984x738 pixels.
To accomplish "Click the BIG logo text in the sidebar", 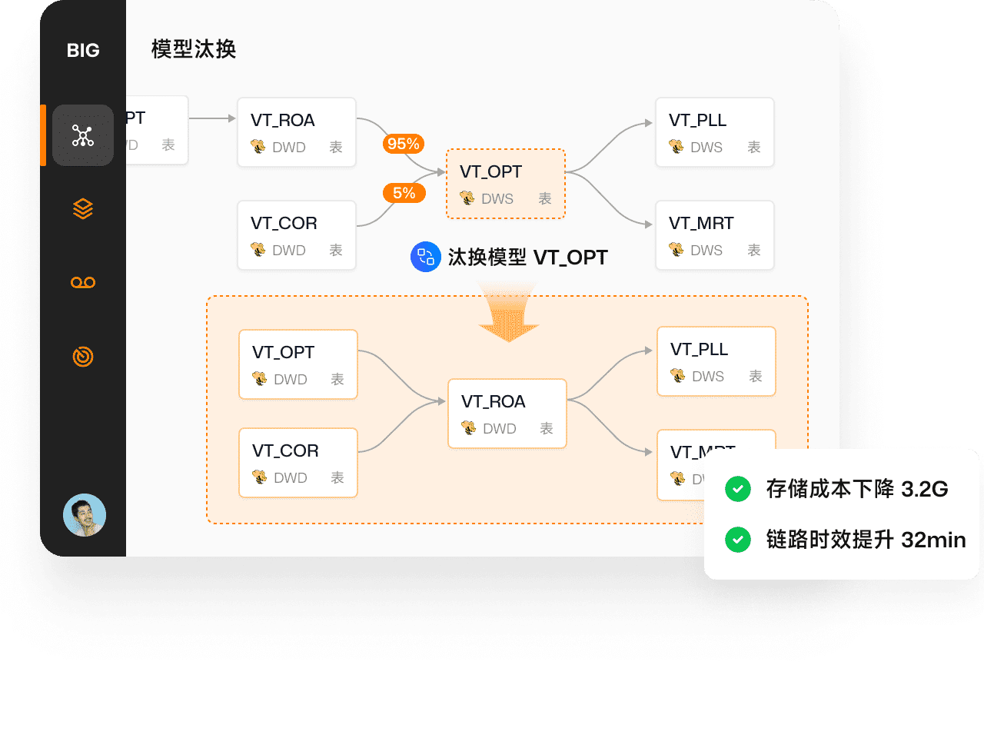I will tap(83, 51).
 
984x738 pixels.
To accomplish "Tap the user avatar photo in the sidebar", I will tap(85, 515).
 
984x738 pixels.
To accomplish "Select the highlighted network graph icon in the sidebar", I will tap(83, 135).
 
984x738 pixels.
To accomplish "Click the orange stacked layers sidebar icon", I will tap(83, 208).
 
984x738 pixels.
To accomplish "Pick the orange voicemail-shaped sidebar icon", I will tap(83, 282).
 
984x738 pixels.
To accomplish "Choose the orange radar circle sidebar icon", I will tap(83, 357).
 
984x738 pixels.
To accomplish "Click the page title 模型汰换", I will tap(194, 49).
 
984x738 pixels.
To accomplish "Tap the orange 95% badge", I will tap(404, 144).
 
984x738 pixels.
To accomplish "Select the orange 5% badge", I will tap(404, 193).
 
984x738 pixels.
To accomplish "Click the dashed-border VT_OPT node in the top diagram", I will tap(506, 184).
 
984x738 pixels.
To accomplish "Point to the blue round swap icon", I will tap(426, 257).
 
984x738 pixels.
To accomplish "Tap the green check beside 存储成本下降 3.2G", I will tap(738, 489).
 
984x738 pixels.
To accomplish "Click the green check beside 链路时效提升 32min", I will tap(738, 540).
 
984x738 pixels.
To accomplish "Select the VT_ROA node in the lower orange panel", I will tap(507, 414).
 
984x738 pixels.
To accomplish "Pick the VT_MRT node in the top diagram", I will tap(714, 235).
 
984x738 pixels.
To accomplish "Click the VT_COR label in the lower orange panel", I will tap(285, 451).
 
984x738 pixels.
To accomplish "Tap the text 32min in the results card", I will tap(933, 540).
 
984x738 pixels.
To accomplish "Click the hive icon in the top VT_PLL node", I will tap(676, 146).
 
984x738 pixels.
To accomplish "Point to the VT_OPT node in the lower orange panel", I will tap(298, 364).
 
